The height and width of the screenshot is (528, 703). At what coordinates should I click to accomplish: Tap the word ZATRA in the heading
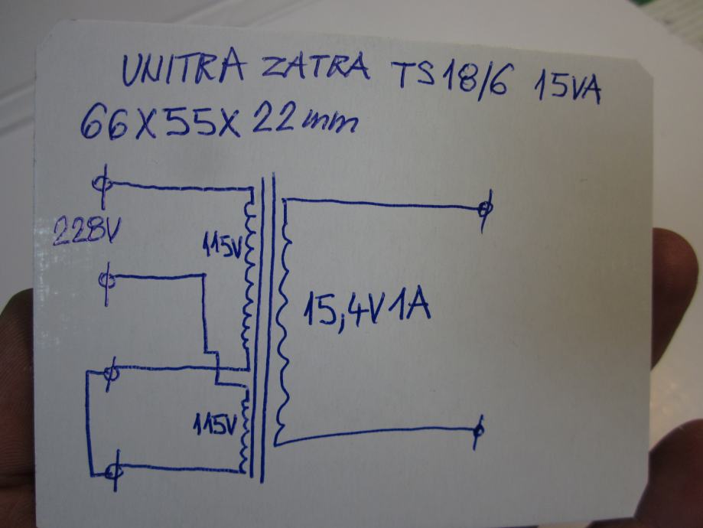click(x=314, y=69)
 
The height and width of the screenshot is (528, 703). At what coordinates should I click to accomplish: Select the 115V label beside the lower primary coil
click(x=215, y=423)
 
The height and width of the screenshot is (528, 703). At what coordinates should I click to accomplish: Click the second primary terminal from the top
click(x=109, y=280)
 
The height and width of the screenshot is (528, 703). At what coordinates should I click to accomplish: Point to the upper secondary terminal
click(x=483, y=208)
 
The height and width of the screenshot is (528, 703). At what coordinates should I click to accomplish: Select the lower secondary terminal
click(x=478, y=430)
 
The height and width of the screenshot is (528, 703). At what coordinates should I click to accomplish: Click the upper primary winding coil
click(x=247, y=275)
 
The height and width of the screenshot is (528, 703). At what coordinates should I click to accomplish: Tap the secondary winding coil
click(x=285, y=314)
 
